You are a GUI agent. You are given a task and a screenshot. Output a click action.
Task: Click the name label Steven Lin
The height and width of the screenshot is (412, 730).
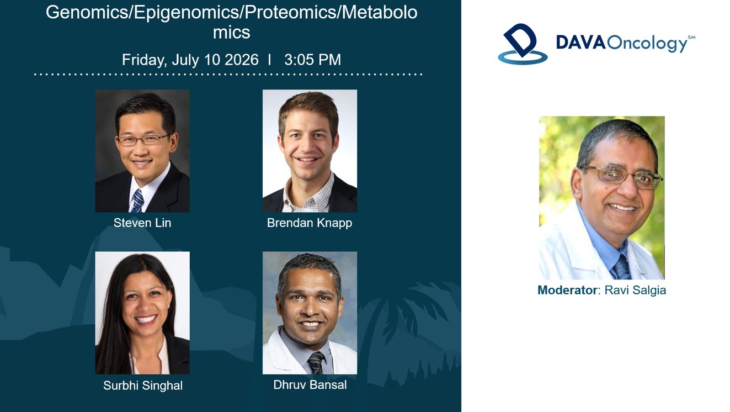(142, 223)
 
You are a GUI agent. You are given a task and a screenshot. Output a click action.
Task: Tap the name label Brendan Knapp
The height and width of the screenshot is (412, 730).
(310, 223)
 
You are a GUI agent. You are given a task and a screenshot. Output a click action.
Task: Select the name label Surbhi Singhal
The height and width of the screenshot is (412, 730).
(143, 386)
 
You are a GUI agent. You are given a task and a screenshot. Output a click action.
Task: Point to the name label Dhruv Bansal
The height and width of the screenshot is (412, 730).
(310, 385)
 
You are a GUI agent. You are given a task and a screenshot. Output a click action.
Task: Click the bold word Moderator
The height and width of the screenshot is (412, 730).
(567, 290)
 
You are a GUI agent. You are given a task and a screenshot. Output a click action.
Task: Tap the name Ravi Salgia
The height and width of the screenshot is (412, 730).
(635, 290)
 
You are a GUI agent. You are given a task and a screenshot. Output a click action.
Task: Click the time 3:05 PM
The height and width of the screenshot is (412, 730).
(312, 60)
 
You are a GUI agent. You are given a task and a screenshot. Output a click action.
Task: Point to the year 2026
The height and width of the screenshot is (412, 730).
(242, 60)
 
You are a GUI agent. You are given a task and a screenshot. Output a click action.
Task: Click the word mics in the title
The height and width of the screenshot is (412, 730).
(232, 33)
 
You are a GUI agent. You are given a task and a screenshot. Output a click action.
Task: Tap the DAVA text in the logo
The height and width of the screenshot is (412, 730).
(580, 43)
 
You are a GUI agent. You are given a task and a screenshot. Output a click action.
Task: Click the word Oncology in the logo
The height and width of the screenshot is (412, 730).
(647, 44)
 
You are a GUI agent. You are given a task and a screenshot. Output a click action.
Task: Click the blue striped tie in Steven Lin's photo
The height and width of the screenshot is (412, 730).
(138, 200)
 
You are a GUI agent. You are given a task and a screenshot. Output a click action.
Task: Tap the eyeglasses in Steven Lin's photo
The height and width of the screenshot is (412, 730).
(143, 140)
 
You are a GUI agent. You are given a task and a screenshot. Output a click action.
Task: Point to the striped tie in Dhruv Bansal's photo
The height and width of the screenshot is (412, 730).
(316, 363)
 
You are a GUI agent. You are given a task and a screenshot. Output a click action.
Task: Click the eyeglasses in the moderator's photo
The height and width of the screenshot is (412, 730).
(622, 177)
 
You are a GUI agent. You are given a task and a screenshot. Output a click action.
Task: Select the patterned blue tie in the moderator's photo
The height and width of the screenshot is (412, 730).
(622, 267)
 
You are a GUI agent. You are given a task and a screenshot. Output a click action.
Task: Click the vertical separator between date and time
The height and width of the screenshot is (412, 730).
(269, 60)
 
